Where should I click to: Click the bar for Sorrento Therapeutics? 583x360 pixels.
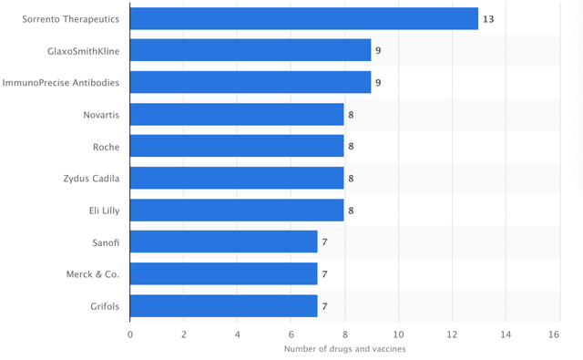304,18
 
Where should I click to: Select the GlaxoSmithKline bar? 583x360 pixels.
251,50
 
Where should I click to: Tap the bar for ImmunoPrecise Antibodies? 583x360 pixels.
251,82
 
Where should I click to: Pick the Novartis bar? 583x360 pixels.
237,115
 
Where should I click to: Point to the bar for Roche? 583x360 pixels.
237,146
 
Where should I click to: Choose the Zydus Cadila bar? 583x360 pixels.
237,178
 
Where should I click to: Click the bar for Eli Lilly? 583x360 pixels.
237,211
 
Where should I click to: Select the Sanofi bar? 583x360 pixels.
224,242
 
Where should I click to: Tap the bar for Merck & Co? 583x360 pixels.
224,273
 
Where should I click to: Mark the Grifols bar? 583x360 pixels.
224,306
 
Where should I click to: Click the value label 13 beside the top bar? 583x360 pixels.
488,19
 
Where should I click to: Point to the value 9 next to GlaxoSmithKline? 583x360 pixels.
378,50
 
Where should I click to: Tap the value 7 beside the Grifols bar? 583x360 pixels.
324,306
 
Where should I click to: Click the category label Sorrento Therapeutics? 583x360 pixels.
71,19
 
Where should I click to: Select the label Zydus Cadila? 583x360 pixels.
91,179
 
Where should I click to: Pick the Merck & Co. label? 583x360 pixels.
93,274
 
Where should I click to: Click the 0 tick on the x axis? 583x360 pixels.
130,334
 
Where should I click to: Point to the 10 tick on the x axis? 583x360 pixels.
399,334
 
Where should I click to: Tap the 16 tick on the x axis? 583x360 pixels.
554,334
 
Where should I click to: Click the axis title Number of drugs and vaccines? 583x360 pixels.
344,349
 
